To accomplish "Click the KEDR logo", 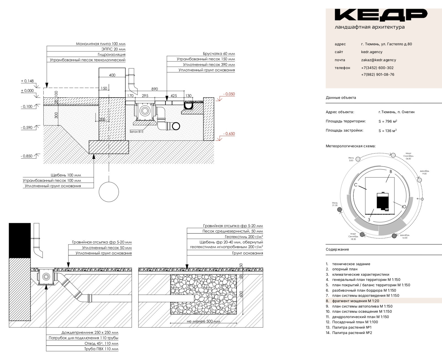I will coord(381,15).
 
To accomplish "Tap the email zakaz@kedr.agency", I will coord(378,60).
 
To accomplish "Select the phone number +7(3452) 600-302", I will coord(377,68).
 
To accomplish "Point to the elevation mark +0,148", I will coord(27,81).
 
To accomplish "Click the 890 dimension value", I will coord(154,89).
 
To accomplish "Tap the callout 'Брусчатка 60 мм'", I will coord(219,54).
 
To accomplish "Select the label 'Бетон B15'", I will coord(136,132).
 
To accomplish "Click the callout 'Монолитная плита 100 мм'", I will coord(101,44).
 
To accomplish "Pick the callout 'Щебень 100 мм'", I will coord(66,175).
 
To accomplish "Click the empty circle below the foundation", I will coord(109,192).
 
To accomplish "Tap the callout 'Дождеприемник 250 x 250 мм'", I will coord(90,333).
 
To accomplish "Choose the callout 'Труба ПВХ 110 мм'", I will coord(101,349).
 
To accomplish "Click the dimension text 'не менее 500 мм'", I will coord(203,321).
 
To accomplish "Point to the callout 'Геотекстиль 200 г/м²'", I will coord(244,237).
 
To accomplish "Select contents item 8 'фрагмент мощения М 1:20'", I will coord(356,301).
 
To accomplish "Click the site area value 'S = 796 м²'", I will coord(388,121).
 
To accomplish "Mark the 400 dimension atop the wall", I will coord(112,75).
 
